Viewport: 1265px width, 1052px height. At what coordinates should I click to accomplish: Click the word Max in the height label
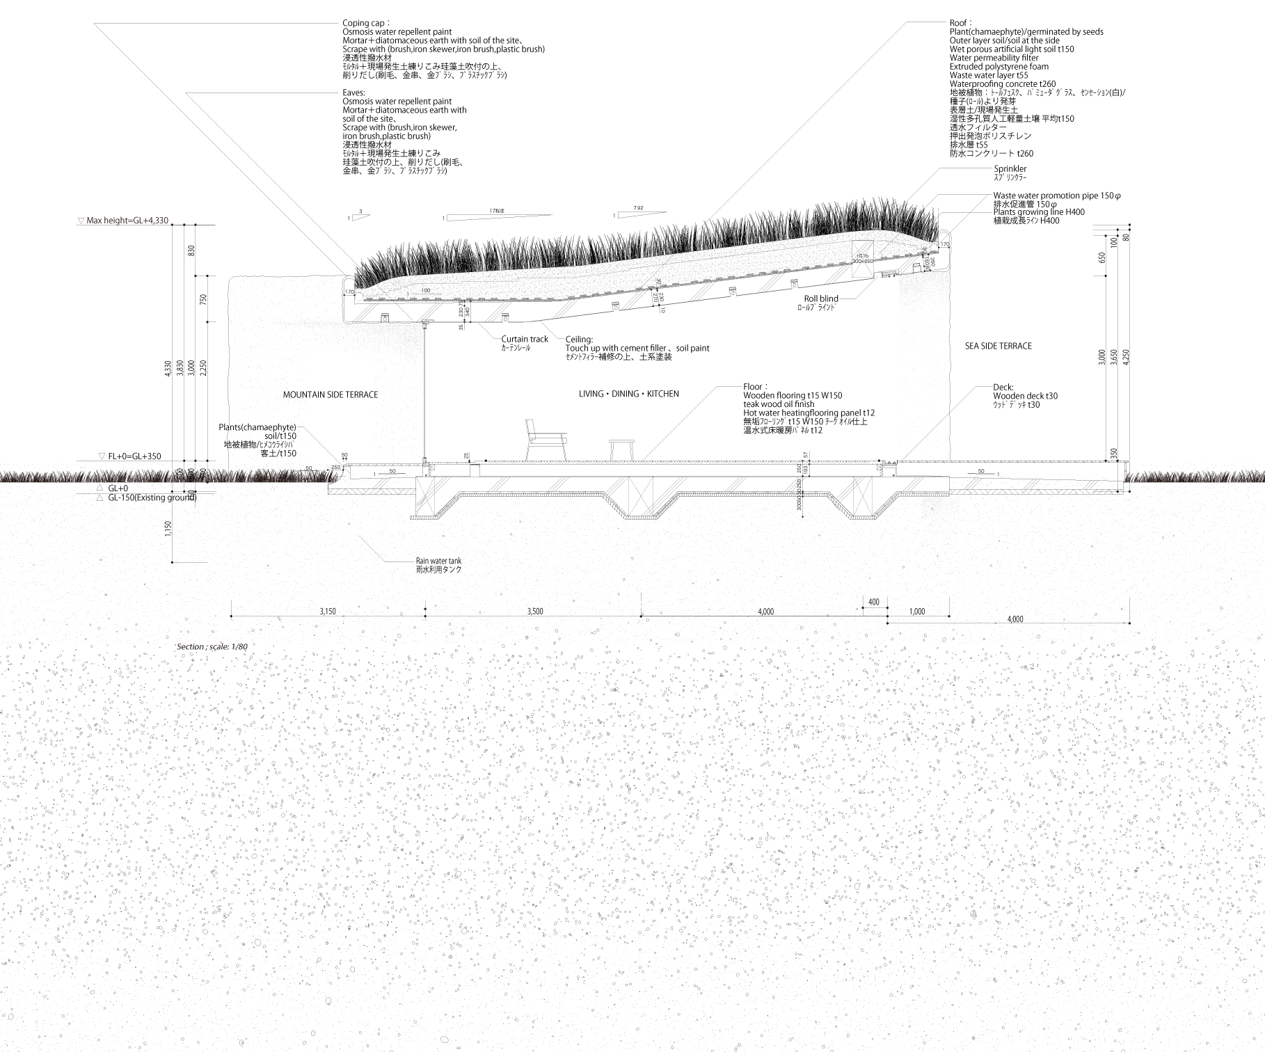[94, 221]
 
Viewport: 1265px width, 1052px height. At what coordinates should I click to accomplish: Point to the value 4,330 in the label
[158, 221]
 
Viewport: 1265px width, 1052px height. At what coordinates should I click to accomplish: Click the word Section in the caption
[190, 646]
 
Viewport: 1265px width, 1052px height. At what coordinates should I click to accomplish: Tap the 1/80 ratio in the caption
[239, 646]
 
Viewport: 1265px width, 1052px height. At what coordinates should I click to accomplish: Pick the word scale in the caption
[218, 646]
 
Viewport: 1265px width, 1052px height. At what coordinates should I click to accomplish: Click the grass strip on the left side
[167, 477]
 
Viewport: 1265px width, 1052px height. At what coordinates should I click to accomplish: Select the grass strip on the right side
[1194, 477]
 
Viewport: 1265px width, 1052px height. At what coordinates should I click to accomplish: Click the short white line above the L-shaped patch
[426, 294]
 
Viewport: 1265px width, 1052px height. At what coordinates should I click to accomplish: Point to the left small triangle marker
[486, 460]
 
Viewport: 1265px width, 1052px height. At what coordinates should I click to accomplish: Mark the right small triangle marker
[878, 460]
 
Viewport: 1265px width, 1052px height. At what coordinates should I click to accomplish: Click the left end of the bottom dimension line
[231, 616]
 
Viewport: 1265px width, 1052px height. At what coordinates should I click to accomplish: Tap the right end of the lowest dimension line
[1129, 623]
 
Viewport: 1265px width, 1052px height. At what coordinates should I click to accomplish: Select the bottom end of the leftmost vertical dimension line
[173, 562]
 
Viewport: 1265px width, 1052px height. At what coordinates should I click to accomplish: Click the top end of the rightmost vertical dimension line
[1129, 225]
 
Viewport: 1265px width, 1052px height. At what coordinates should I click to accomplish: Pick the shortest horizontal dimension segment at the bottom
[875, 607]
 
